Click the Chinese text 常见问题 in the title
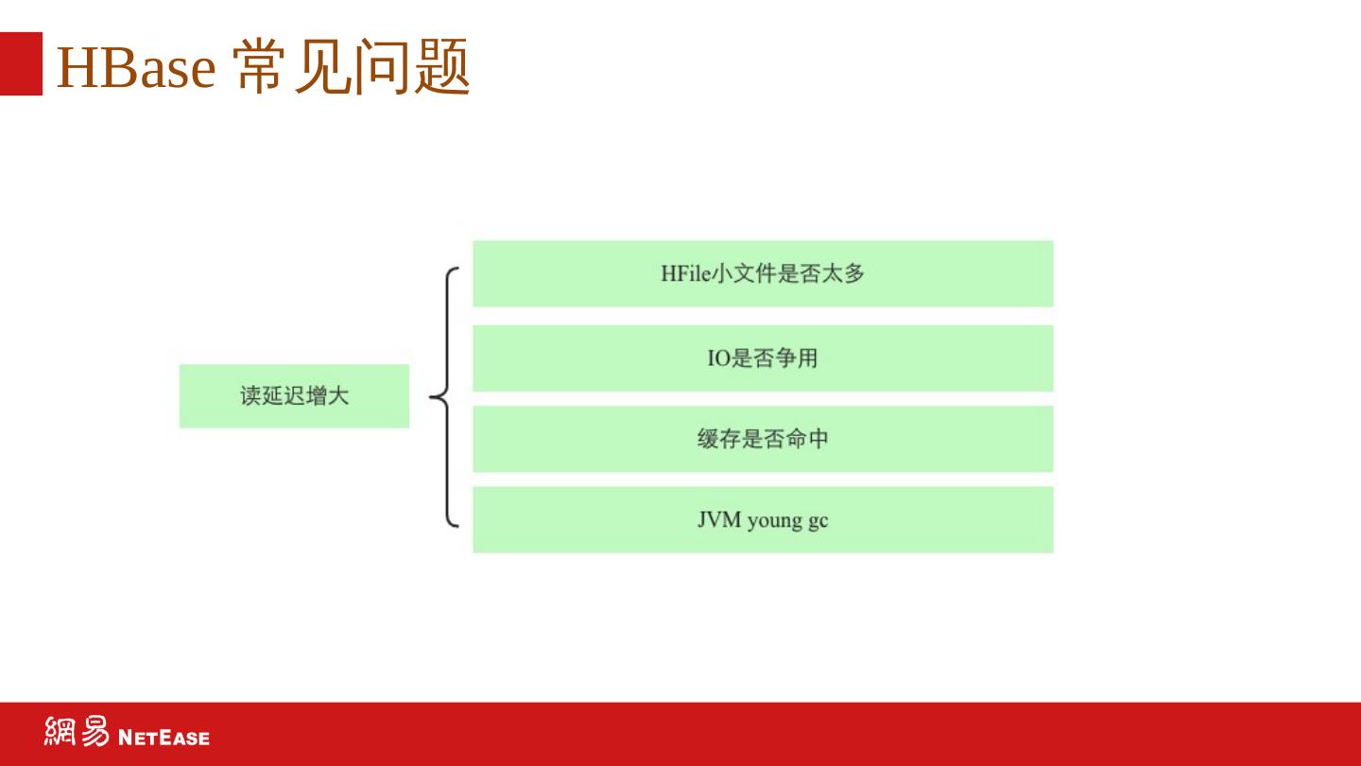[352, 68]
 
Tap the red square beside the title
[21, 63]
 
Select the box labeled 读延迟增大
[294, 396]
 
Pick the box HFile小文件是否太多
[763, 273]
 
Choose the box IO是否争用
[763, 358]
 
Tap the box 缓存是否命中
[763, 439]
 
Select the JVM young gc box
[763, 520]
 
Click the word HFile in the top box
[684, 274]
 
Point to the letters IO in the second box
[718, 358]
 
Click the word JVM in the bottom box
[719, 520]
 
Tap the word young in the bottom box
[774, 521]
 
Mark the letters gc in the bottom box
[818, 521]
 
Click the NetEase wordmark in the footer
[164, 737]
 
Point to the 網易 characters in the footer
[77, 732]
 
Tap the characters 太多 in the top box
[843, 274]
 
